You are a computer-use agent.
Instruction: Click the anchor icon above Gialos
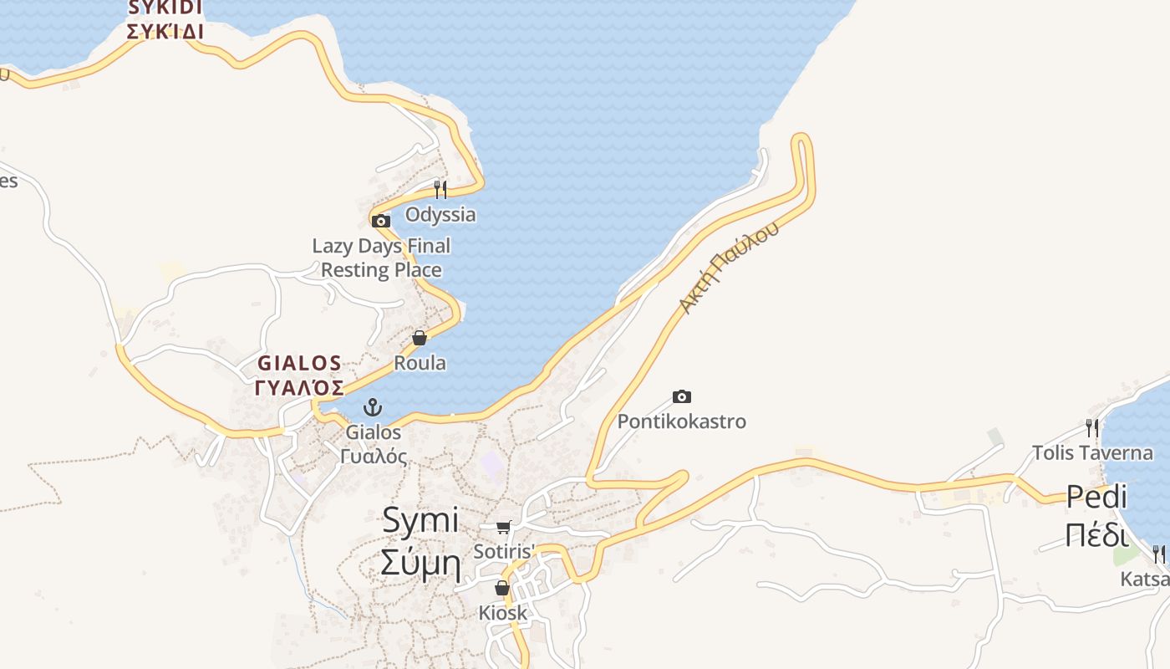pos(374,408)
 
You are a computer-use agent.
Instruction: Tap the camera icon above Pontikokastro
pos(682,396)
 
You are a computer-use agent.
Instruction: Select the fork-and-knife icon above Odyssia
pos(440,190)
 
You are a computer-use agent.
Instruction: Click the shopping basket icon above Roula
pos(420,338)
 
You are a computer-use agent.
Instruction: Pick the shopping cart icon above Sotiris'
pos(503,527)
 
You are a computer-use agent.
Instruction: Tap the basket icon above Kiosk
pos(502,588)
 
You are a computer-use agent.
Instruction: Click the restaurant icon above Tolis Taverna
pos(1091,428)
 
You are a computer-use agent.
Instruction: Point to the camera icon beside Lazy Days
pos(381,222)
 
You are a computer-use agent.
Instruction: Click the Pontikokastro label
pos(681,421)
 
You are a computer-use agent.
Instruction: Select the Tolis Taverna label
pos(1092,453)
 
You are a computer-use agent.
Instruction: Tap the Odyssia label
pos(440,215)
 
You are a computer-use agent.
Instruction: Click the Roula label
pos(420,363)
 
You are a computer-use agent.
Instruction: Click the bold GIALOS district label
pos(299,364)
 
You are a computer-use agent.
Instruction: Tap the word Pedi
pos(1096,497)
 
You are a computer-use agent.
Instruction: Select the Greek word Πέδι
pos(1096,534)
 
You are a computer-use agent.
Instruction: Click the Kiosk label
pos(503,613)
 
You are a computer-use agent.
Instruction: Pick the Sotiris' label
pos(503,552)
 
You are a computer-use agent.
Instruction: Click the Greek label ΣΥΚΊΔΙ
pos(165,32)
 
